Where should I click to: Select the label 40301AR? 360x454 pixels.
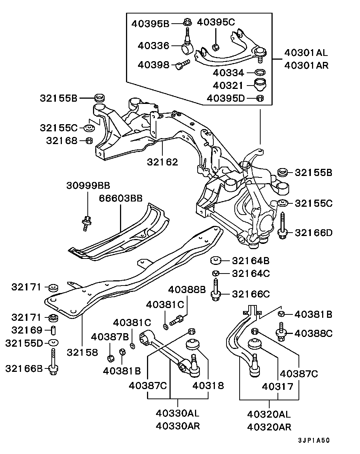click(306, 65)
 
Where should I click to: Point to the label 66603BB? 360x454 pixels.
click(121, 198)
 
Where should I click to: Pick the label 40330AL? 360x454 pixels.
click(177, 413)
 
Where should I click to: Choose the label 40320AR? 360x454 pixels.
click(269, 427)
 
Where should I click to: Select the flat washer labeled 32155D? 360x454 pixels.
click(54, 343)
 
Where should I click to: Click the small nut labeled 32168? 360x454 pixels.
click(89, 141)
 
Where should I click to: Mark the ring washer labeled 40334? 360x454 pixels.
click(260, 72)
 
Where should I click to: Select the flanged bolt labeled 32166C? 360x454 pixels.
click(216, 291)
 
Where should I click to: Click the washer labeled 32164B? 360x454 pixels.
click(215, 260)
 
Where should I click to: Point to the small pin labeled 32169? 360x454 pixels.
click(53, 330)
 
